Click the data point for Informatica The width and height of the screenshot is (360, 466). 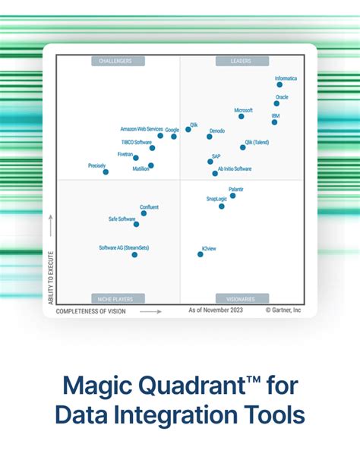[279, 85]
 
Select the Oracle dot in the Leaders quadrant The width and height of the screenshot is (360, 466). [276, 104]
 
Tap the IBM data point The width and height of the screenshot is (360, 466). [274, 122]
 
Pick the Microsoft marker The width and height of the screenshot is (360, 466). [242, 116]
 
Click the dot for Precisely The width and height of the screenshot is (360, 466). [106, 172]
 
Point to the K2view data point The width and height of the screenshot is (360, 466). [201, 254]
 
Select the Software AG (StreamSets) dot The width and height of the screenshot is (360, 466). [134, 254]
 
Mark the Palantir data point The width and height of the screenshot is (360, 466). [232, 196]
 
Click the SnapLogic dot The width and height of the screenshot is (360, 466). [222, 206]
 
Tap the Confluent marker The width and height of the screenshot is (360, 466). [144, 213]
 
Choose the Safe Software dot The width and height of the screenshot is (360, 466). [136, 224]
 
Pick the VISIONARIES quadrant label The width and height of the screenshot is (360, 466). [242, 298]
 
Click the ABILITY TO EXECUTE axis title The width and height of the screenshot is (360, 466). [51, 277]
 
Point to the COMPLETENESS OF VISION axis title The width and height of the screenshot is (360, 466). [91, 311]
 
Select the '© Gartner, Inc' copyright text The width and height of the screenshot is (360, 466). [283, 310]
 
